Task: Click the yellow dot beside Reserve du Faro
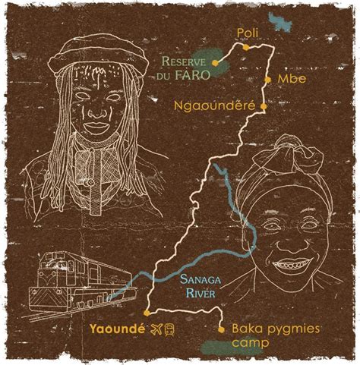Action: coord(216,63)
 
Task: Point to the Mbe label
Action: coord(287,79)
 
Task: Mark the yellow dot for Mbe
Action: coord(268,79)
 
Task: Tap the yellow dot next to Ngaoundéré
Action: coord(264,107)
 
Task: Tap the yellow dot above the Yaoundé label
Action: coord(144,311)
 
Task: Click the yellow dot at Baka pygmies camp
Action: coord(220,329)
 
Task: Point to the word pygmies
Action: coord(297,328)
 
